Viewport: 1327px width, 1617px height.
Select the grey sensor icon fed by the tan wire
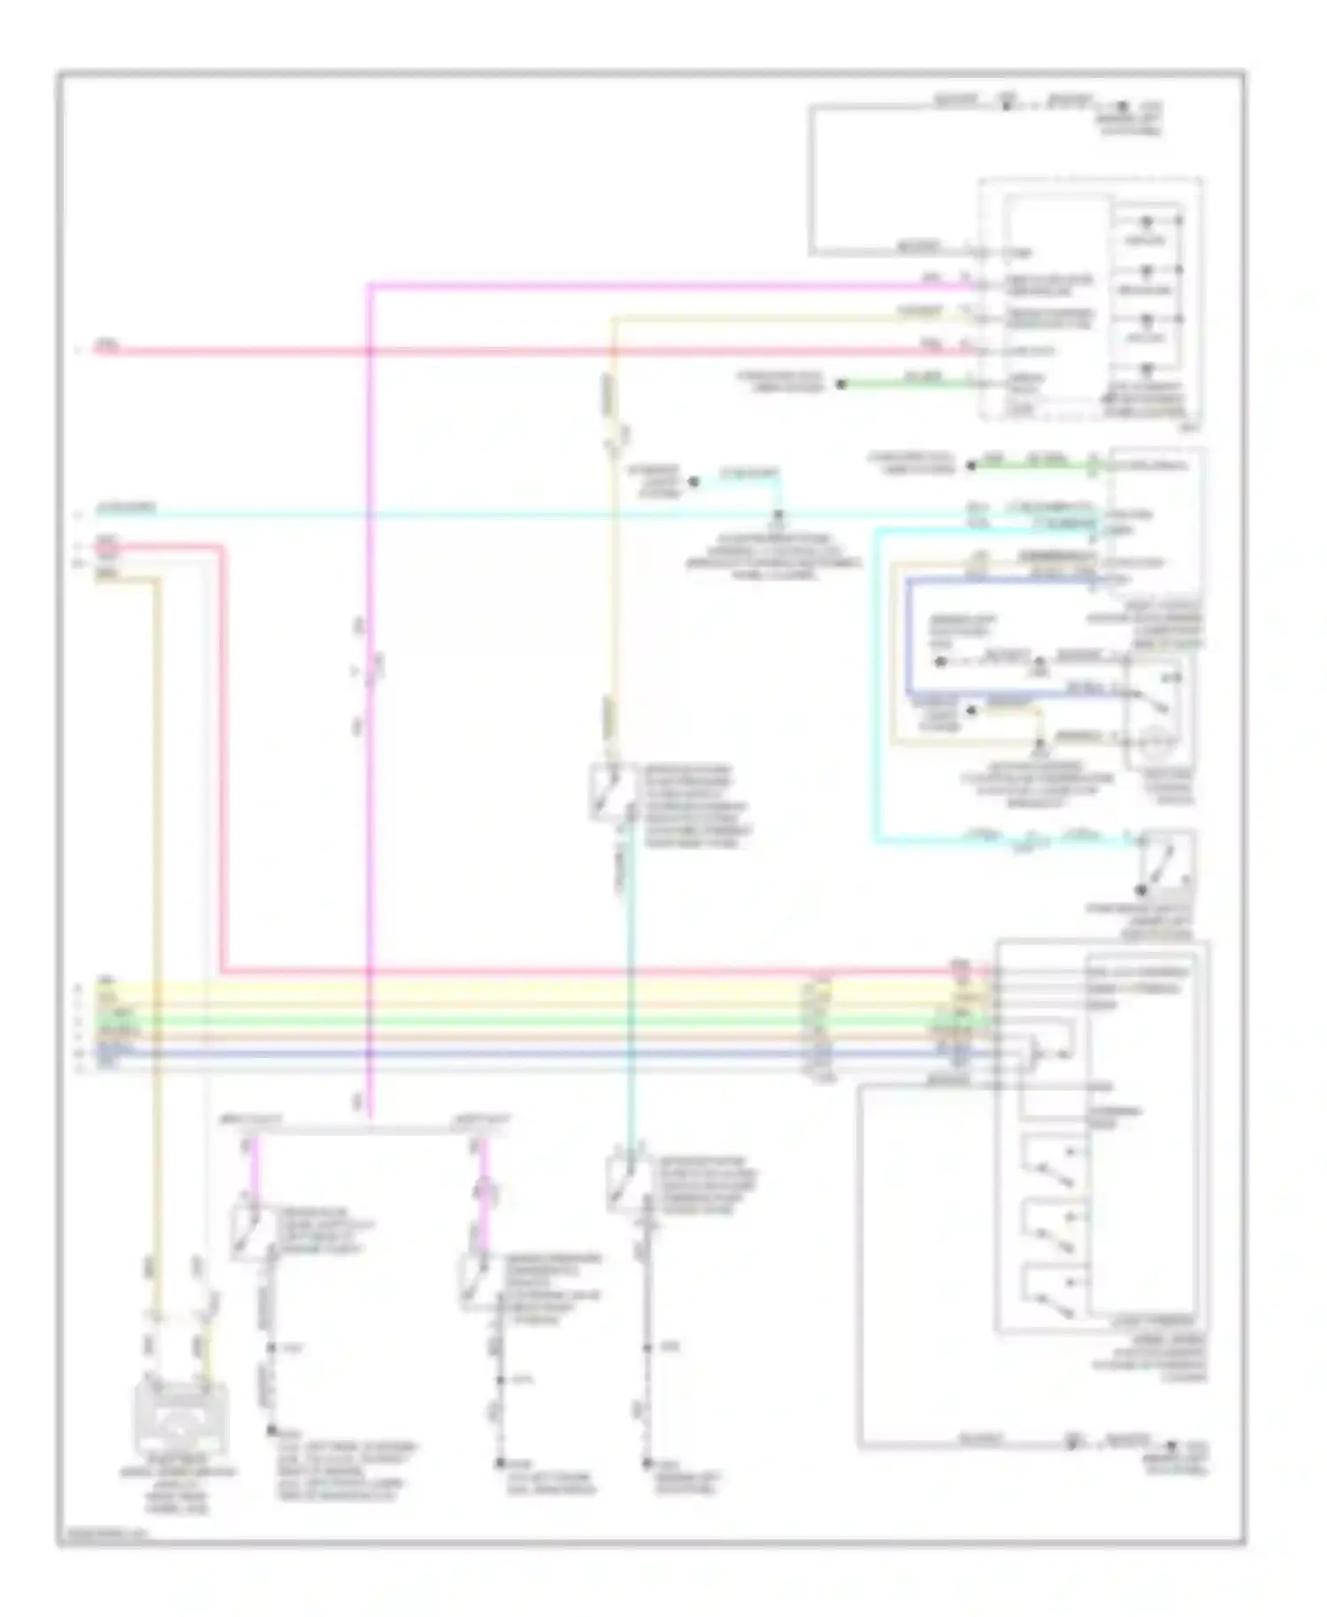[x=180, y=1416]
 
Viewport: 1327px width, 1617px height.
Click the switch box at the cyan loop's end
[x=1166, y=862]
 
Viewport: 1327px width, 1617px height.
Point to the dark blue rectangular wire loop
[x=909, y=637]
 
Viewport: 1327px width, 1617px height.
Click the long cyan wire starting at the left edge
[x=531, y=515]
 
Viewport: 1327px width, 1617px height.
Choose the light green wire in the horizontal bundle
[x=442, y=1020]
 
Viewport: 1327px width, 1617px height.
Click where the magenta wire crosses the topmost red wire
[x=371, y=351]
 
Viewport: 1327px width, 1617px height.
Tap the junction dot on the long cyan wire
[x=779, y=514]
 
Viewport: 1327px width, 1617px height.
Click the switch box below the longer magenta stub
[x=478, y=1280]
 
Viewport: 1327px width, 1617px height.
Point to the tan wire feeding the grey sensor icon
[x=158, y=885]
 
